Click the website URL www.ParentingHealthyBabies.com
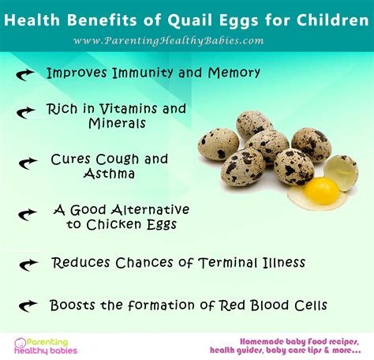pyautogui.click(x=186, y=40)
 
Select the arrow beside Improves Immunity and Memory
pyautogui.click(x=25, y=73)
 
